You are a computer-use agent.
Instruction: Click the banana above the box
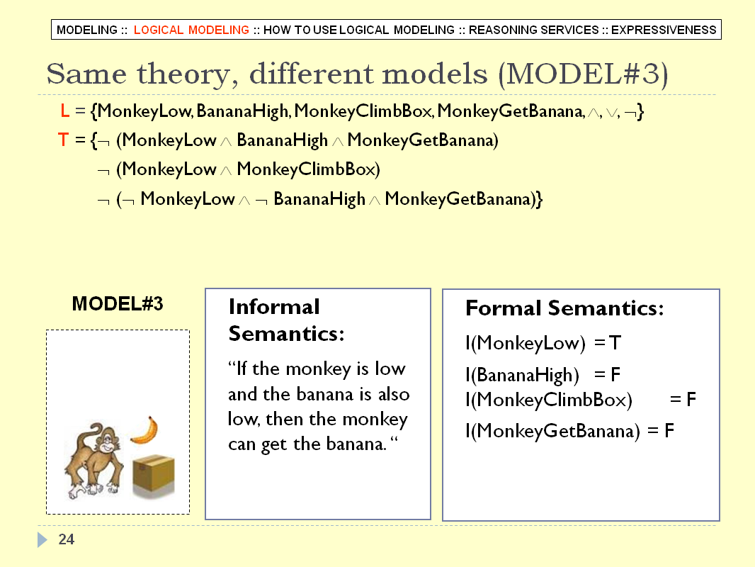(x=145, y=430)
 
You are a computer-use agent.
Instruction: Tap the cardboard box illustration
(x=154, y=476)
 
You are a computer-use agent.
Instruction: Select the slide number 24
(x=67, y=539)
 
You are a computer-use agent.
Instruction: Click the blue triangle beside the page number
(x=42, y=539)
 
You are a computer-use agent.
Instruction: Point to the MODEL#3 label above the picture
(x=118, y=304)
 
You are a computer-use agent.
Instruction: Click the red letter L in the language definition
(x=64, y=111)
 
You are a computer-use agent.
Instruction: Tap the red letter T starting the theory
(x=63, y=140)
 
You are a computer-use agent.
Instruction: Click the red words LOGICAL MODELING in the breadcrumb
(x=191, y=30)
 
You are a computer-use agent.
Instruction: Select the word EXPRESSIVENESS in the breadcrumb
(x=664, y=30)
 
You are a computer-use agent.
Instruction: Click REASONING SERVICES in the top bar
(x=533, y=30)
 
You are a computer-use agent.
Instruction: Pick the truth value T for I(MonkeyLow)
(x=615, y=343)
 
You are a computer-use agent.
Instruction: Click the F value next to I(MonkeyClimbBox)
(x=691, y=399)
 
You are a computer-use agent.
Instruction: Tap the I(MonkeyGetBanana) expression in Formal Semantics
(x=552, y=431)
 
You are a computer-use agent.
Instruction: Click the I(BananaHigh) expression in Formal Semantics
(x=523, y=375)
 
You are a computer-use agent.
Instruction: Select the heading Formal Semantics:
(x=564, y=308)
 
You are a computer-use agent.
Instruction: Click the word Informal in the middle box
(x=274, y=307)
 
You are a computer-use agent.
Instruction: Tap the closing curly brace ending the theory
(x=539, y=199)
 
